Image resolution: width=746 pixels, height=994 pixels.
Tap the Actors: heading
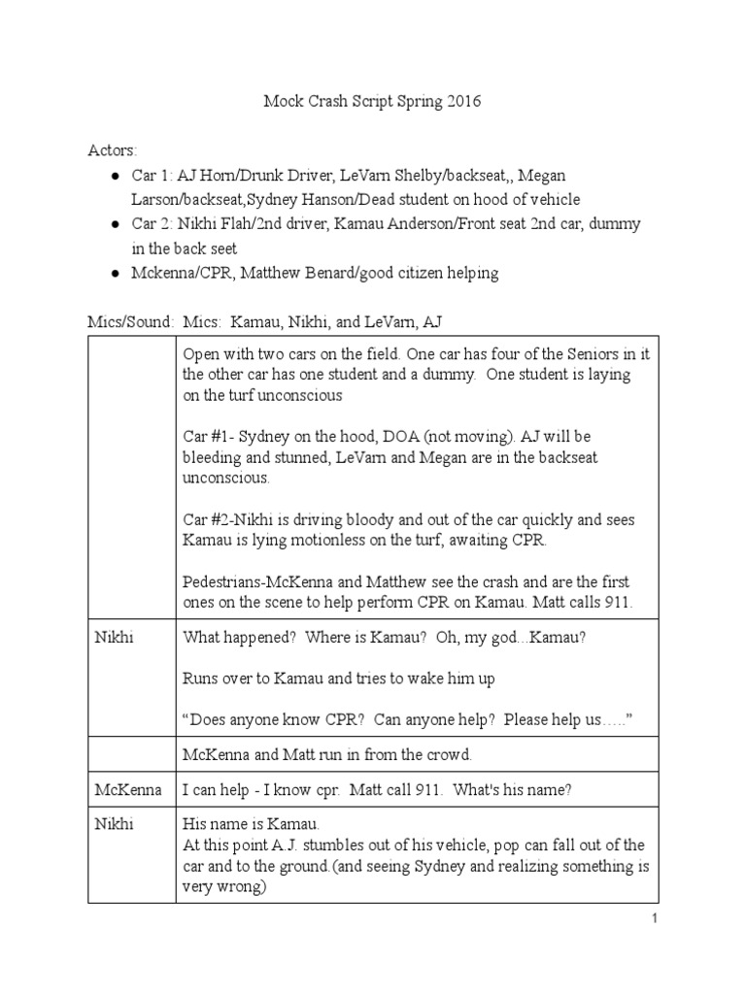(x=113, y=150)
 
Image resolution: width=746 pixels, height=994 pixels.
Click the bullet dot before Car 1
(x=116, y=176)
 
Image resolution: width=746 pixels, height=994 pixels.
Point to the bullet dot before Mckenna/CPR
(x=116, y=274)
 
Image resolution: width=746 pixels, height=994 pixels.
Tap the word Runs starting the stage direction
(x=201, y=679)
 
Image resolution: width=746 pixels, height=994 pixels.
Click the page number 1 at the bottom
(x=655, y=919)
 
